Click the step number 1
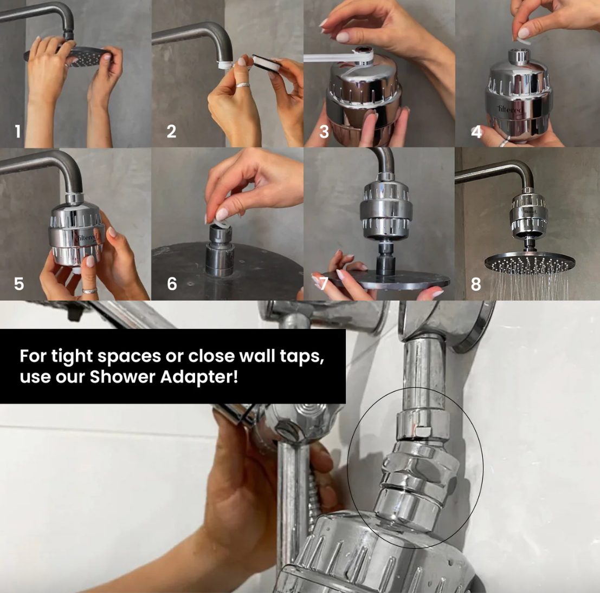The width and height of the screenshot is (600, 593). (x=17, y=132)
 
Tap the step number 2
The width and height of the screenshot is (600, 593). (x=171, y=132)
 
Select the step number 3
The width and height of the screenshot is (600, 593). (x=324, y=132)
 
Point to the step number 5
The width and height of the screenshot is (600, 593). (x=19, y=284)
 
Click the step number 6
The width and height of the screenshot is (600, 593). (x=172, y=284)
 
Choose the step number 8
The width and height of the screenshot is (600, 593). (x=476, y=284)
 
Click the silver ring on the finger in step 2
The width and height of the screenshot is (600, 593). (x=243, y=85)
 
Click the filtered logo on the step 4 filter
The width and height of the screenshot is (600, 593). (x=509, y=110)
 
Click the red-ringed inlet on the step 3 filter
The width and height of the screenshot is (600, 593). (x=363, y=50)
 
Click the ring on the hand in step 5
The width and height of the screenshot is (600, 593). (x=89, y=291)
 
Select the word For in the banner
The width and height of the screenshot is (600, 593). (x=33, y=356)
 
